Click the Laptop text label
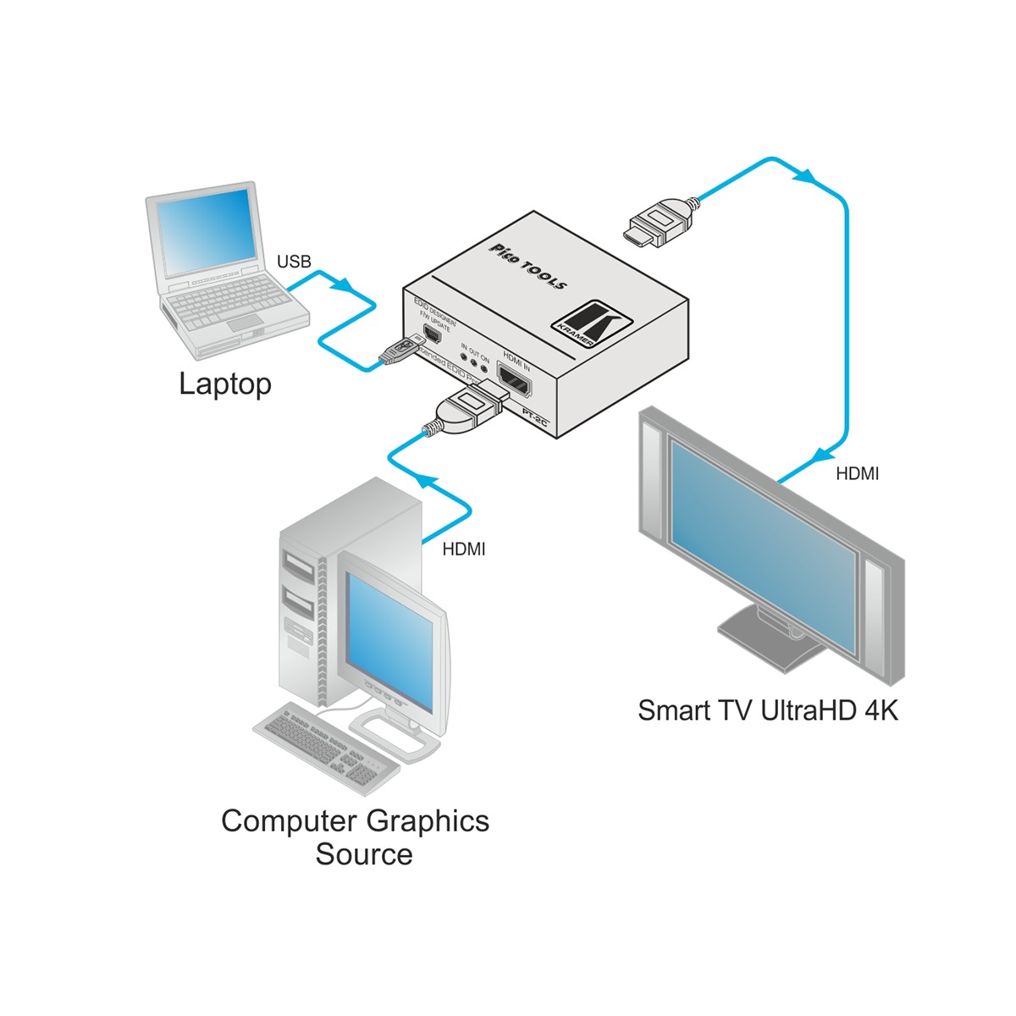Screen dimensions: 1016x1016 pos(225,384)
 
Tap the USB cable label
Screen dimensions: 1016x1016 pos(294,262)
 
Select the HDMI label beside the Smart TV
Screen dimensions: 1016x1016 pos(857,474)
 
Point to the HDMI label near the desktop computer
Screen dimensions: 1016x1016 pos(464,549)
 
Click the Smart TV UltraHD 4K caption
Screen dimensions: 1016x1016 pos(767,710)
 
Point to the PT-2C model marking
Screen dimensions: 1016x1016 pos(536,418)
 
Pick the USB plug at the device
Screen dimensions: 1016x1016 pos(400,351)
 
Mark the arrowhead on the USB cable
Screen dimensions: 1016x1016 pos(344,286)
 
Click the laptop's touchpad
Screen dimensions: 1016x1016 pos(246,321)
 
